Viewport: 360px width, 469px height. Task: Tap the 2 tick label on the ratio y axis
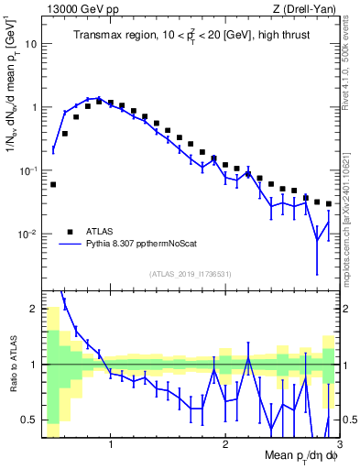pos(32,308)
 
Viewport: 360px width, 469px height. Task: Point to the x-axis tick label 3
pos(338,445)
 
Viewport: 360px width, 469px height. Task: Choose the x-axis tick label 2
pos(224,445)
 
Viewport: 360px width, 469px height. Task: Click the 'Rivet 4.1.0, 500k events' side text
pos(352,64)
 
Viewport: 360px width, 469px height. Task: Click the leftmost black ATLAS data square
pos(53,184)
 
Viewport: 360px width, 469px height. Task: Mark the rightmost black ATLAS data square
pos(328,204)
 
